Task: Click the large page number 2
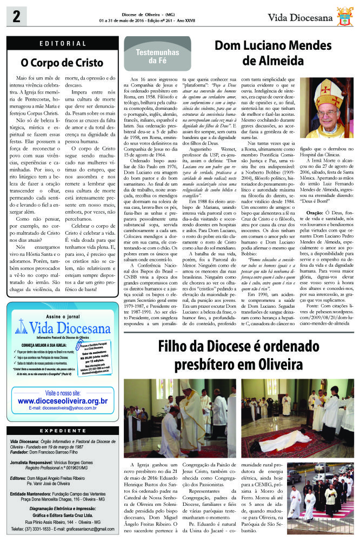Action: (13, 18)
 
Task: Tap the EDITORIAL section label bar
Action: (62, 44)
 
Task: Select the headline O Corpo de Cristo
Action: (62, 62)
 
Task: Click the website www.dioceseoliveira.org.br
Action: (63, 401)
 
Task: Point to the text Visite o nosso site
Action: (63, 392)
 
